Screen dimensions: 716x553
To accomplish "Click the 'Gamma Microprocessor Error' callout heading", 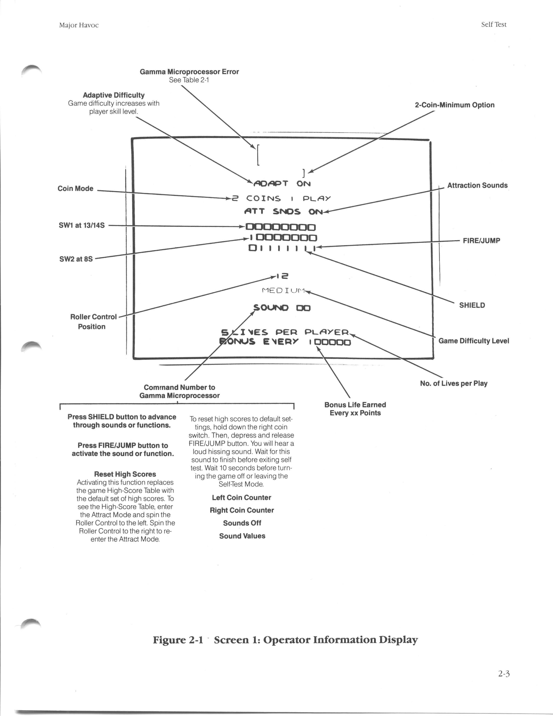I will pos(189,71).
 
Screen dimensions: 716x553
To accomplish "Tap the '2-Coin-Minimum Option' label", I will pos(454,105).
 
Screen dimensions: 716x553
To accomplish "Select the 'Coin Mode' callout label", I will pos(75,189).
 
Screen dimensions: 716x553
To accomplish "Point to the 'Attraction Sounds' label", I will pos(477,185).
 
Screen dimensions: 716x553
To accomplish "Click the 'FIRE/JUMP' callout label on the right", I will pos(481,241).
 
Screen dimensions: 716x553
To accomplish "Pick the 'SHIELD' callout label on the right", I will pos(472,305).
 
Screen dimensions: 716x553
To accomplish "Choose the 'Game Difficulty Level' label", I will pos(473,341).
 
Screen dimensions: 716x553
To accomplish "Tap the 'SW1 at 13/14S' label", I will pos(82,225).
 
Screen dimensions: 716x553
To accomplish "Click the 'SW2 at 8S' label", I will pos(76,259).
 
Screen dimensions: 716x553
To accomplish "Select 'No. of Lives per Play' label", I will pos(453,383).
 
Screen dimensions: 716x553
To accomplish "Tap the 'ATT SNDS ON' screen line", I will pos(283,212).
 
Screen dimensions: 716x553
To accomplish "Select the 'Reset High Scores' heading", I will pos(125,474).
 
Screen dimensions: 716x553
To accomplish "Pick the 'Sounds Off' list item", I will pos(242,523).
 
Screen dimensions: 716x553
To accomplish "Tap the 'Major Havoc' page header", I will pos(79,25).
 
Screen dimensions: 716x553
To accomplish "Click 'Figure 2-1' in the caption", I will pos(178,640).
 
